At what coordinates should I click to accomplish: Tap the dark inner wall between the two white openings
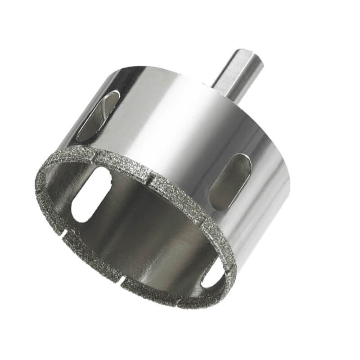click(x=148, y=234)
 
